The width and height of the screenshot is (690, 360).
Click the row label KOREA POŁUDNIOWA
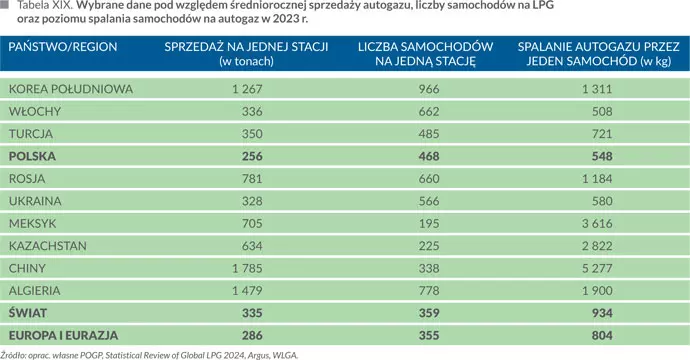pos(70,89)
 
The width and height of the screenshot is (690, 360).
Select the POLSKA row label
pos(32,156)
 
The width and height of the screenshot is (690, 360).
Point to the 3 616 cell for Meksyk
pos(593,223)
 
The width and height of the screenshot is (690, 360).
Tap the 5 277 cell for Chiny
pos(593,268)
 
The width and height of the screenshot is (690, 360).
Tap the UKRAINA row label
pos(36,201)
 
